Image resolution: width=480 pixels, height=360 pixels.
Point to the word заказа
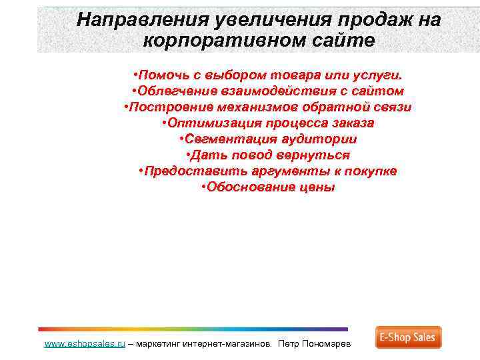coord(349,123)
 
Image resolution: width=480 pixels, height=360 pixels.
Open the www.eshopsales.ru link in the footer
coord(85,344)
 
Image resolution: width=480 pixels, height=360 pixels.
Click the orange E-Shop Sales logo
coord(408,337)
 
